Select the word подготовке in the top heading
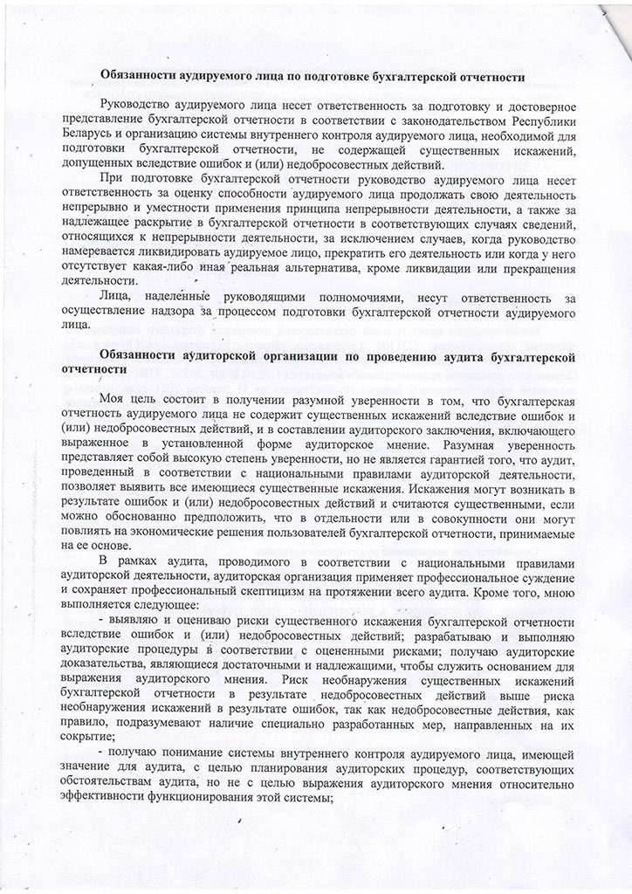[334, 77]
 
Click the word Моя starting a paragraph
[113, 401]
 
